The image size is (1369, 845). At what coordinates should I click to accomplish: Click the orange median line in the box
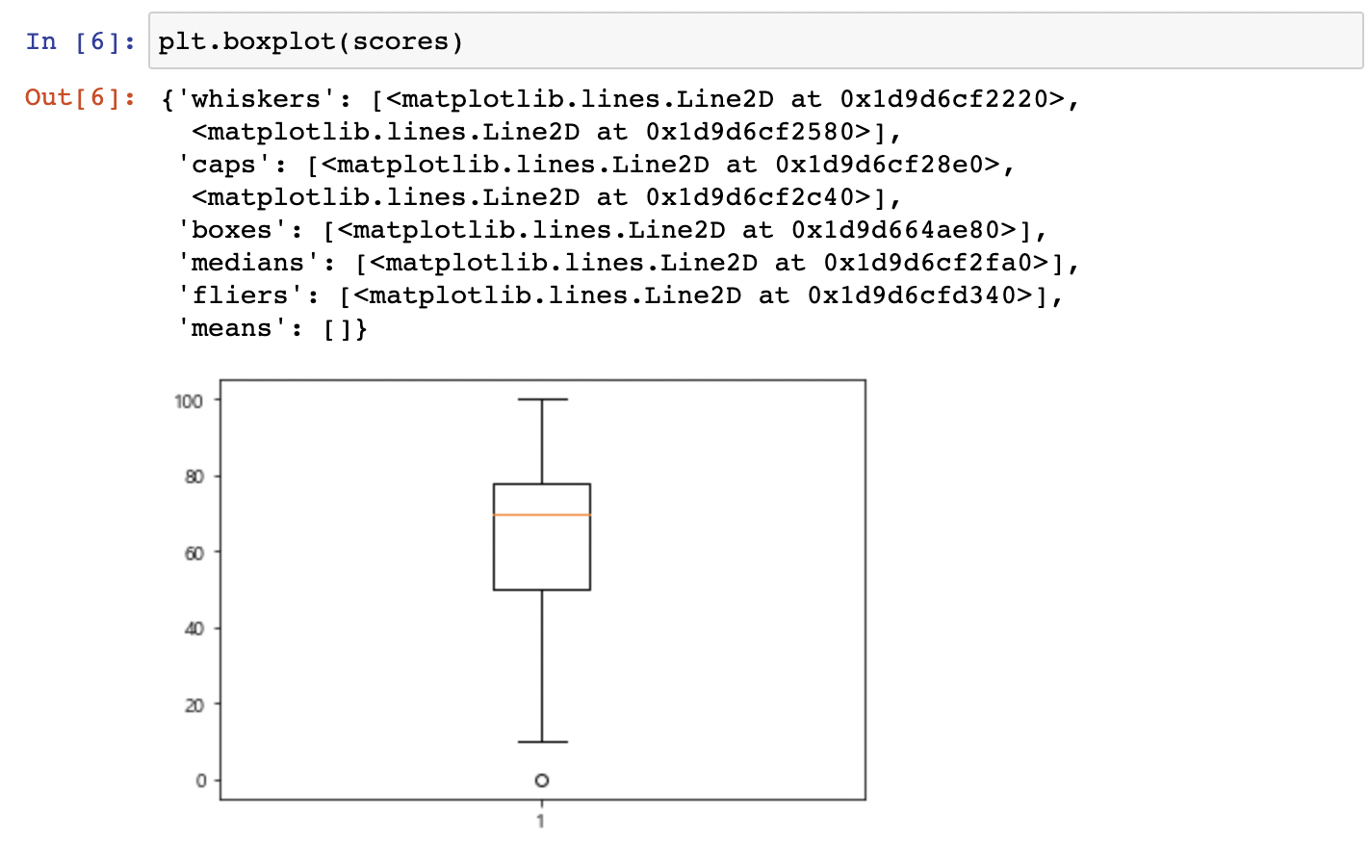pos(541,515)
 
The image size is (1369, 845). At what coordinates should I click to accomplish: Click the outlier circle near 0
pos(542,781)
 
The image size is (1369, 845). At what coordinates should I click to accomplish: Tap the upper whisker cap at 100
pos(542,399)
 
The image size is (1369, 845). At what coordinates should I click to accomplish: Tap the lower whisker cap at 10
pos(542,742)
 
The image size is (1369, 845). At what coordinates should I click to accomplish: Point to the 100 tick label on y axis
pos(189,400)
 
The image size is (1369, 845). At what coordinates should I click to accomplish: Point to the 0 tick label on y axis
pos(200,781)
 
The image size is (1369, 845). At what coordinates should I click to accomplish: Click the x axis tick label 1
pos(541,821)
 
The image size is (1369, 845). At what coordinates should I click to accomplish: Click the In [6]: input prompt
pos(81,41)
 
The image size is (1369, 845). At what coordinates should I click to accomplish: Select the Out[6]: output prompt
pos(81,97)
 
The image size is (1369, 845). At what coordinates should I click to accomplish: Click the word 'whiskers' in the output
pos(255,99)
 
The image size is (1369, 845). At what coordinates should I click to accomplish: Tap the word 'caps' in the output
pos(223,165)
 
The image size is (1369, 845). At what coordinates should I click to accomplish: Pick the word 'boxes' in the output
pos(231,230)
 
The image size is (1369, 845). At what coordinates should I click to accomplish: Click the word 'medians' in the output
pos(247,263)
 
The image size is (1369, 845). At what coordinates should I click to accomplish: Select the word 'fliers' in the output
pos(240,295)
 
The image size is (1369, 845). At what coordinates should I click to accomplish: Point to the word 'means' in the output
pos(231,328)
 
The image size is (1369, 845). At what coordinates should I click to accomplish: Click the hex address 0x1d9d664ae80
pos(903,230)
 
